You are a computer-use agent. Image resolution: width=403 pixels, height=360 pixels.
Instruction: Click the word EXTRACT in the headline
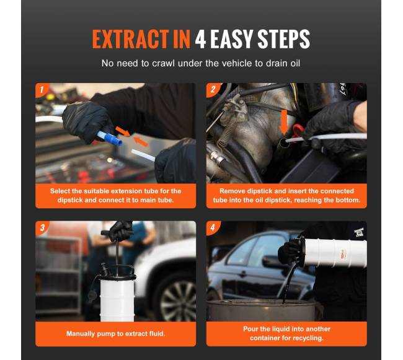(x=130, y=39)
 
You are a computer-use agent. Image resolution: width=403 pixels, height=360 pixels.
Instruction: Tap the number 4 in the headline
(x=200, y=39)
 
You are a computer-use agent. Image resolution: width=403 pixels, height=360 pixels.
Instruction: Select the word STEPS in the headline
(x=283, y=39)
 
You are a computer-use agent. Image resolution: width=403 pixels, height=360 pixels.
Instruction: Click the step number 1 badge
(x=42, y=90)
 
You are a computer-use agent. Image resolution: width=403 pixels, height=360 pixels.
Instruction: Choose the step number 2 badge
(x=213, y=89)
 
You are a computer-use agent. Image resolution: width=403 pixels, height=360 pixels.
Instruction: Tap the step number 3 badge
(x=42, y=227)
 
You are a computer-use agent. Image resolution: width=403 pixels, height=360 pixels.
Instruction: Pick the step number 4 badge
(x=213, y=227)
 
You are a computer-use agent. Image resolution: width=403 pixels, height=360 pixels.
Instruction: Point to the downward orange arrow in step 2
(x=284, y=122)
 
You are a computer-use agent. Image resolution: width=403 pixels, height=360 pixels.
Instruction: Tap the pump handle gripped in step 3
(x=117, y=232)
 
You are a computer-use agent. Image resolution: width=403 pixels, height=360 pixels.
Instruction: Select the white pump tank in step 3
(x=117, y=299)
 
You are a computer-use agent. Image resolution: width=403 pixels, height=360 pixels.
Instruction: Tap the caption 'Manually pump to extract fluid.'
(x=116, y=333)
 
